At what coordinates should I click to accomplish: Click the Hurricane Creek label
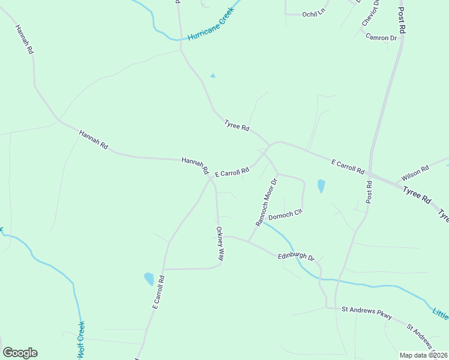(210, 28)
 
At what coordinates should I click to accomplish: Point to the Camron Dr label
(382, 37)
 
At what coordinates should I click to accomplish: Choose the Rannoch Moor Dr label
(267, 202)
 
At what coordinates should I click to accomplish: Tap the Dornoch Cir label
(285, 214)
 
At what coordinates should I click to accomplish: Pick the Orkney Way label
(220, 243)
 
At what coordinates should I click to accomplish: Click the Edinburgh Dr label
(296, 257)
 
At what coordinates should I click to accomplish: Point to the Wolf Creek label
(80, 340)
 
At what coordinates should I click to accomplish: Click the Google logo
(20, 353)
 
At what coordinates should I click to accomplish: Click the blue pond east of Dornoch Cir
(321, 186)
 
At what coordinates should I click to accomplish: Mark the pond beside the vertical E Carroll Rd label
(149, 278)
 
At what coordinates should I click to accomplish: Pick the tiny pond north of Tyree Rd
(212, 76)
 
